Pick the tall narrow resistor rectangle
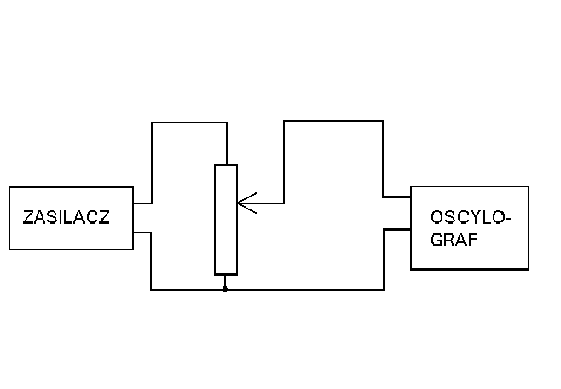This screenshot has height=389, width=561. (x=225, y=220)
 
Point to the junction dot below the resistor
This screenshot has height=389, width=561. (x=225, y=289)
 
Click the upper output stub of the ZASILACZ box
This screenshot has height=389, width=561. (x=142, y=204)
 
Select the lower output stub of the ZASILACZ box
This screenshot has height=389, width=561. (x=142, y=231)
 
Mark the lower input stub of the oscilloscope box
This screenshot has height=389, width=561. (x=398, y=228)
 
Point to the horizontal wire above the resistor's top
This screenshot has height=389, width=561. (x=188, y=123)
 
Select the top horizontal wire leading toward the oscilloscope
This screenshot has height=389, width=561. (x=333, y=121)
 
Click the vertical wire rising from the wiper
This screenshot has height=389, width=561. (x=284, y=162)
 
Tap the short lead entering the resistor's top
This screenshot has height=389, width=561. (x=225, y=145)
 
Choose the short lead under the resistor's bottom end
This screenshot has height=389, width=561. (x=225, y=282)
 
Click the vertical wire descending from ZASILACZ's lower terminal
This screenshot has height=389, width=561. (x=151, y=260)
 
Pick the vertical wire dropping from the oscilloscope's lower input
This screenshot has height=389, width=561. (x=385, y=259)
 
